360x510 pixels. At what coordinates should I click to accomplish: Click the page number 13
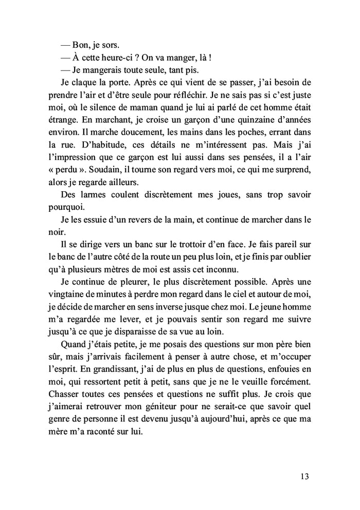(303, 476)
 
